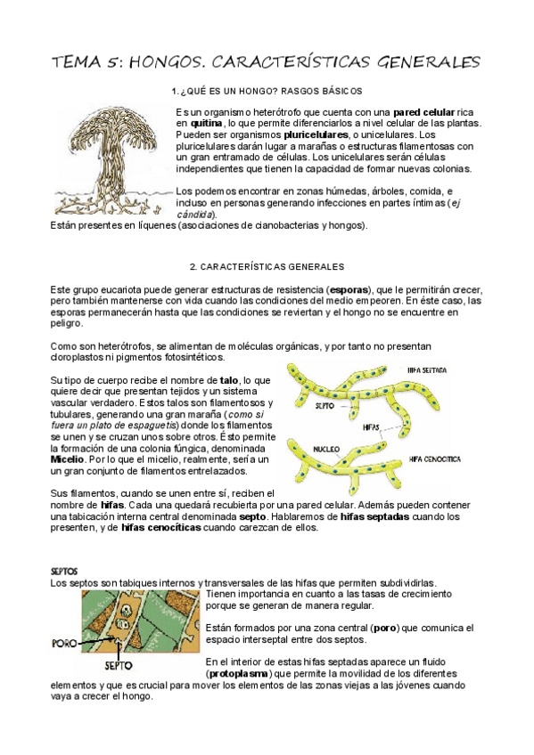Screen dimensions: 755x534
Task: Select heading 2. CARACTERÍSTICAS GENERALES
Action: pyautogui.click(x=267, y=266)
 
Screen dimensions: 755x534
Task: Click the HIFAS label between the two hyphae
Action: pyautogui.click(x=371, y=427)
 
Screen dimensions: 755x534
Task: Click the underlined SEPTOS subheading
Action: pyautogui.click(x=63, y=571)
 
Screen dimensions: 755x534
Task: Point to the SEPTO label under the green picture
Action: pyautogui.click(x=119, y=665)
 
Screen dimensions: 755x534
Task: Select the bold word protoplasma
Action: pyautogui.click(x=241, y=674)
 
